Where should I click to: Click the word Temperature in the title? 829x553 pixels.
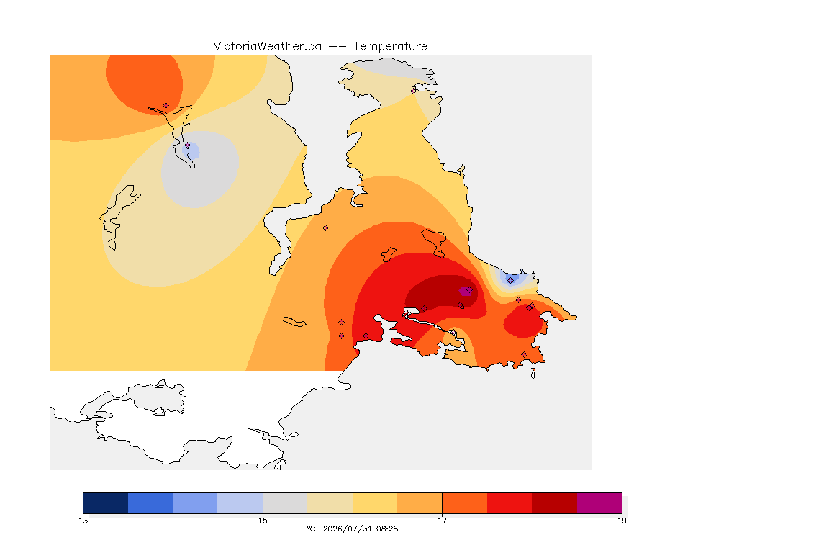390,47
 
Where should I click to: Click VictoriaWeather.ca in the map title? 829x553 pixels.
268,47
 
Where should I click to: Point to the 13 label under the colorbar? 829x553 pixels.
83,521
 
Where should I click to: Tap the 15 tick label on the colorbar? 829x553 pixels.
263,521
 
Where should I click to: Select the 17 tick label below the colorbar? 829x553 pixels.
442,521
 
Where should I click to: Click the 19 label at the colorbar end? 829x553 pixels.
622,521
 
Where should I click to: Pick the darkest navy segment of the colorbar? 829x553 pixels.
106,503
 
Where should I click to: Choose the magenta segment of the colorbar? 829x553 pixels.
599,503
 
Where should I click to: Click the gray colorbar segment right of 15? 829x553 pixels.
285,503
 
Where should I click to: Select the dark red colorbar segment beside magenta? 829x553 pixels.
554,503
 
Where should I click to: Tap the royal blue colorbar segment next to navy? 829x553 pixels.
150,503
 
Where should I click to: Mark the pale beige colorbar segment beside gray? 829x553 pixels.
330,503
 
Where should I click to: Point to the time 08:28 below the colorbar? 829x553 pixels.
386,529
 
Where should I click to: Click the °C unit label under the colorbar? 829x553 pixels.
311,529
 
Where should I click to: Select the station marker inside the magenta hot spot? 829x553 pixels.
469,290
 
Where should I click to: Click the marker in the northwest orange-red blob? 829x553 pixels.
166,106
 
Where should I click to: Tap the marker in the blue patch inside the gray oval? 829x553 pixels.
187,145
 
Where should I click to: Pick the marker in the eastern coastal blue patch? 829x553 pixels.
510,281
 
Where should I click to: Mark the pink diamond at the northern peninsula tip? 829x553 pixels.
414,91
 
